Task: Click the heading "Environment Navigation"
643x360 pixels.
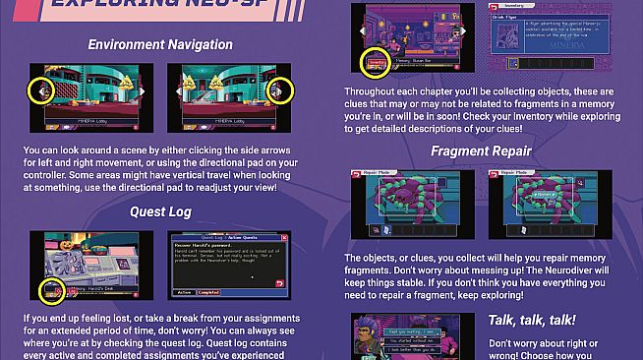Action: [x=159, y=45]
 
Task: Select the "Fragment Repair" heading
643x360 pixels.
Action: [x=481, y=151]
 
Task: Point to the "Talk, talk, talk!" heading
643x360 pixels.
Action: [x=532, y=320]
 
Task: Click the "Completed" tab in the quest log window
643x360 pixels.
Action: [x=210, y=292]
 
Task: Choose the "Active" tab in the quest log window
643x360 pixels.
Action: [x=184, y=292]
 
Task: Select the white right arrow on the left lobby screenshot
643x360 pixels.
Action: [x=145, y=91]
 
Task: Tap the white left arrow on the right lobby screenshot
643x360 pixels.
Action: [x=175, y=91]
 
